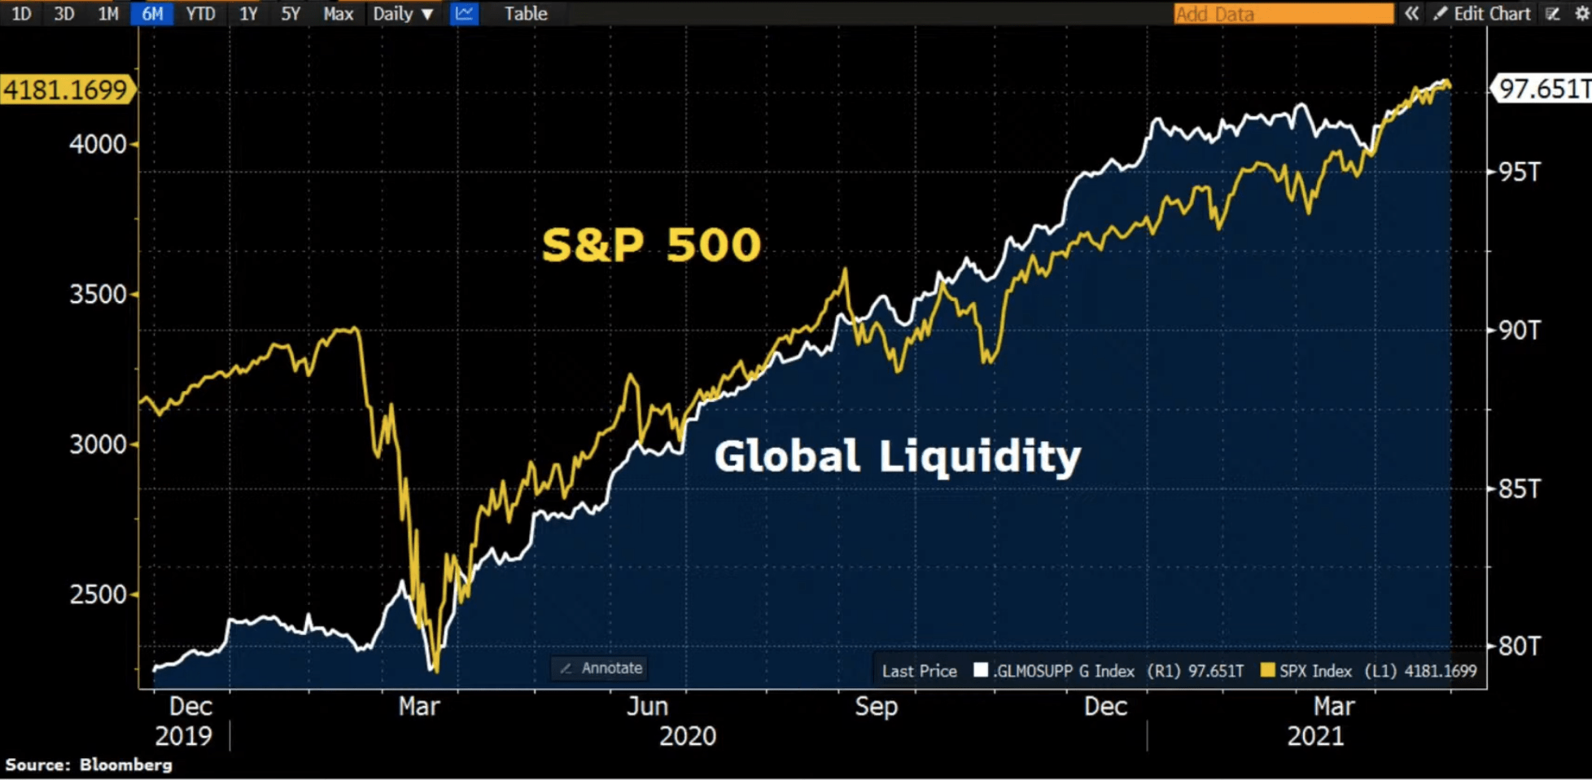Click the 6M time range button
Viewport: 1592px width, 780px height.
coord(151,14)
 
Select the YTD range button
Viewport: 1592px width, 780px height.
coord(200,14)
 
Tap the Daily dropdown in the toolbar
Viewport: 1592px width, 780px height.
coord(403,14)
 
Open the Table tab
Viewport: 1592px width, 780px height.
coord(525,14)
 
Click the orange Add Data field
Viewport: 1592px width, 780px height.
coord(1283,14)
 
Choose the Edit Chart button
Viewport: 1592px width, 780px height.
coord(1482,14)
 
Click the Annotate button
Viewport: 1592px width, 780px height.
coord(601,668)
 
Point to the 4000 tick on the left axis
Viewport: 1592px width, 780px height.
coord(98,145)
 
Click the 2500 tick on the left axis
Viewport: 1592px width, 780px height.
coord(98,594)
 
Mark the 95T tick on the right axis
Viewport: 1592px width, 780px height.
coord(1520,173)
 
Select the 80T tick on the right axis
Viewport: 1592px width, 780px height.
coord(1520,646)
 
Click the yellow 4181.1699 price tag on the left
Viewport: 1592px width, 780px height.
coord(66,90)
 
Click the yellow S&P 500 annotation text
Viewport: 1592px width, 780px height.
coord(651,245)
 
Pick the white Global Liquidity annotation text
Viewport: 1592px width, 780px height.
coord(897,456)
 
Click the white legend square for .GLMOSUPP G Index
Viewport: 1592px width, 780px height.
coord(981,670)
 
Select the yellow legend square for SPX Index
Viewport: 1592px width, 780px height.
coord(1267,670)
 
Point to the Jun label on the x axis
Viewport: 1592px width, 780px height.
coord(647,706)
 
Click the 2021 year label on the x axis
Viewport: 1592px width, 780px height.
coord(1315,736)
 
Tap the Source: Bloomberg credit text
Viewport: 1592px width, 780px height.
coord(89,765)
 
